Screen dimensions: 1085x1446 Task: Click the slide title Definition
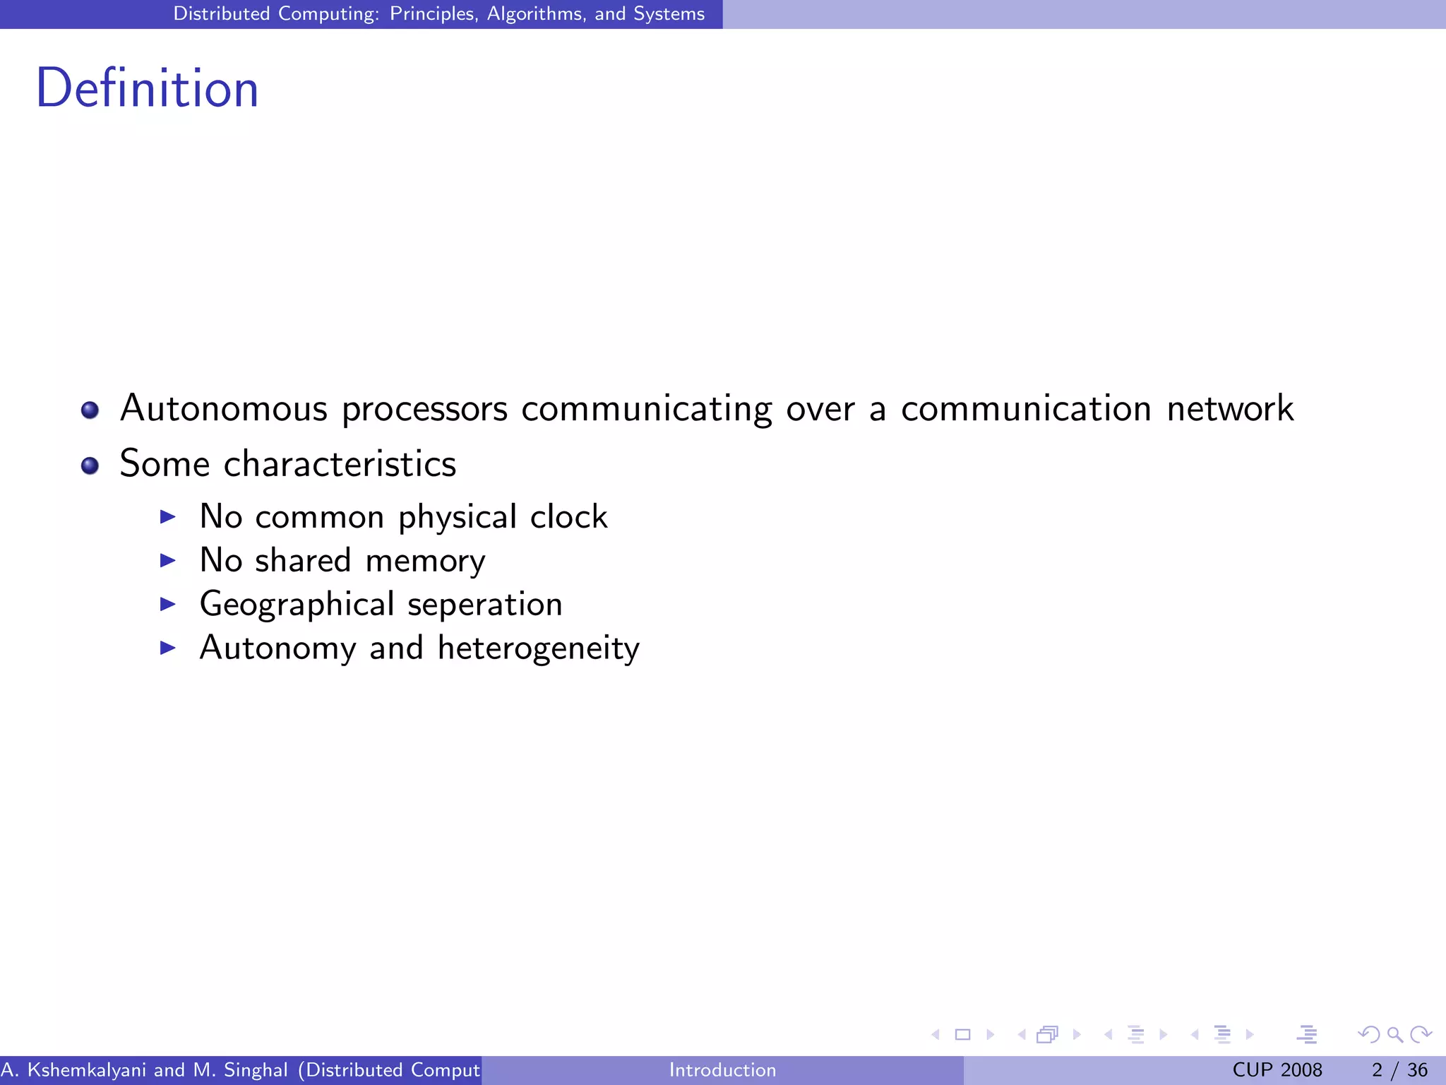[147, 89]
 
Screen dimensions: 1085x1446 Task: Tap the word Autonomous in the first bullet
[224, 409]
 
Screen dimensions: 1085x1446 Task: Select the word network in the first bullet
[1230, 409]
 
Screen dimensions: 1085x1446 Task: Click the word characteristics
[340, 464]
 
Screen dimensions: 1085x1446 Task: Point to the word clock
[568, 516]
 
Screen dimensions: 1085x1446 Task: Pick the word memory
[425, 562]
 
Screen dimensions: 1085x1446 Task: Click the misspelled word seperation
[485, 605]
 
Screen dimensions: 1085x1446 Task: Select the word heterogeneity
[538, 648]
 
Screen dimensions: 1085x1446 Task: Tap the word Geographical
[297, 605]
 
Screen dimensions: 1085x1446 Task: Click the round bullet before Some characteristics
[90, 466]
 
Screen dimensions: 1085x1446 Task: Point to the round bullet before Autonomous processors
[90, 410]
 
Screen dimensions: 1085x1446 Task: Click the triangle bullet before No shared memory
[167, 561]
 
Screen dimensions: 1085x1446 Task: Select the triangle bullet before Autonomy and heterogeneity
[167, 648]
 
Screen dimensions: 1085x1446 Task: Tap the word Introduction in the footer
[722, 1070]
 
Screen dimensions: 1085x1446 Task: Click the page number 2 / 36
[1399, 1070]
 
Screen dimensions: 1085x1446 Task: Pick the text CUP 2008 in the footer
[1277, 1070]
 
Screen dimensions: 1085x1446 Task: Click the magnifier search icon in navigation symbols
[1394, 1035]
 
